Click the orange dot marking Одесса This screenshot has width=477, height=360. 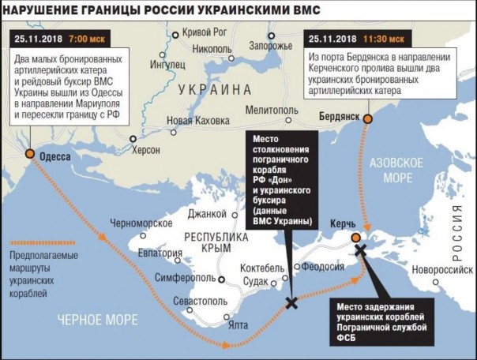[x=29, y=154]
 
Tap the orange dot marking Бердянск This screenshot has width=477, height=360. [x=368, y=117]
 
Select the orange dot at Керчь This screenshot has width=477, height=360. [x=356, y=236]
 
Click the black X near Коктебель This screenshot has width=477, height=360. [x=291, y=302]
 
